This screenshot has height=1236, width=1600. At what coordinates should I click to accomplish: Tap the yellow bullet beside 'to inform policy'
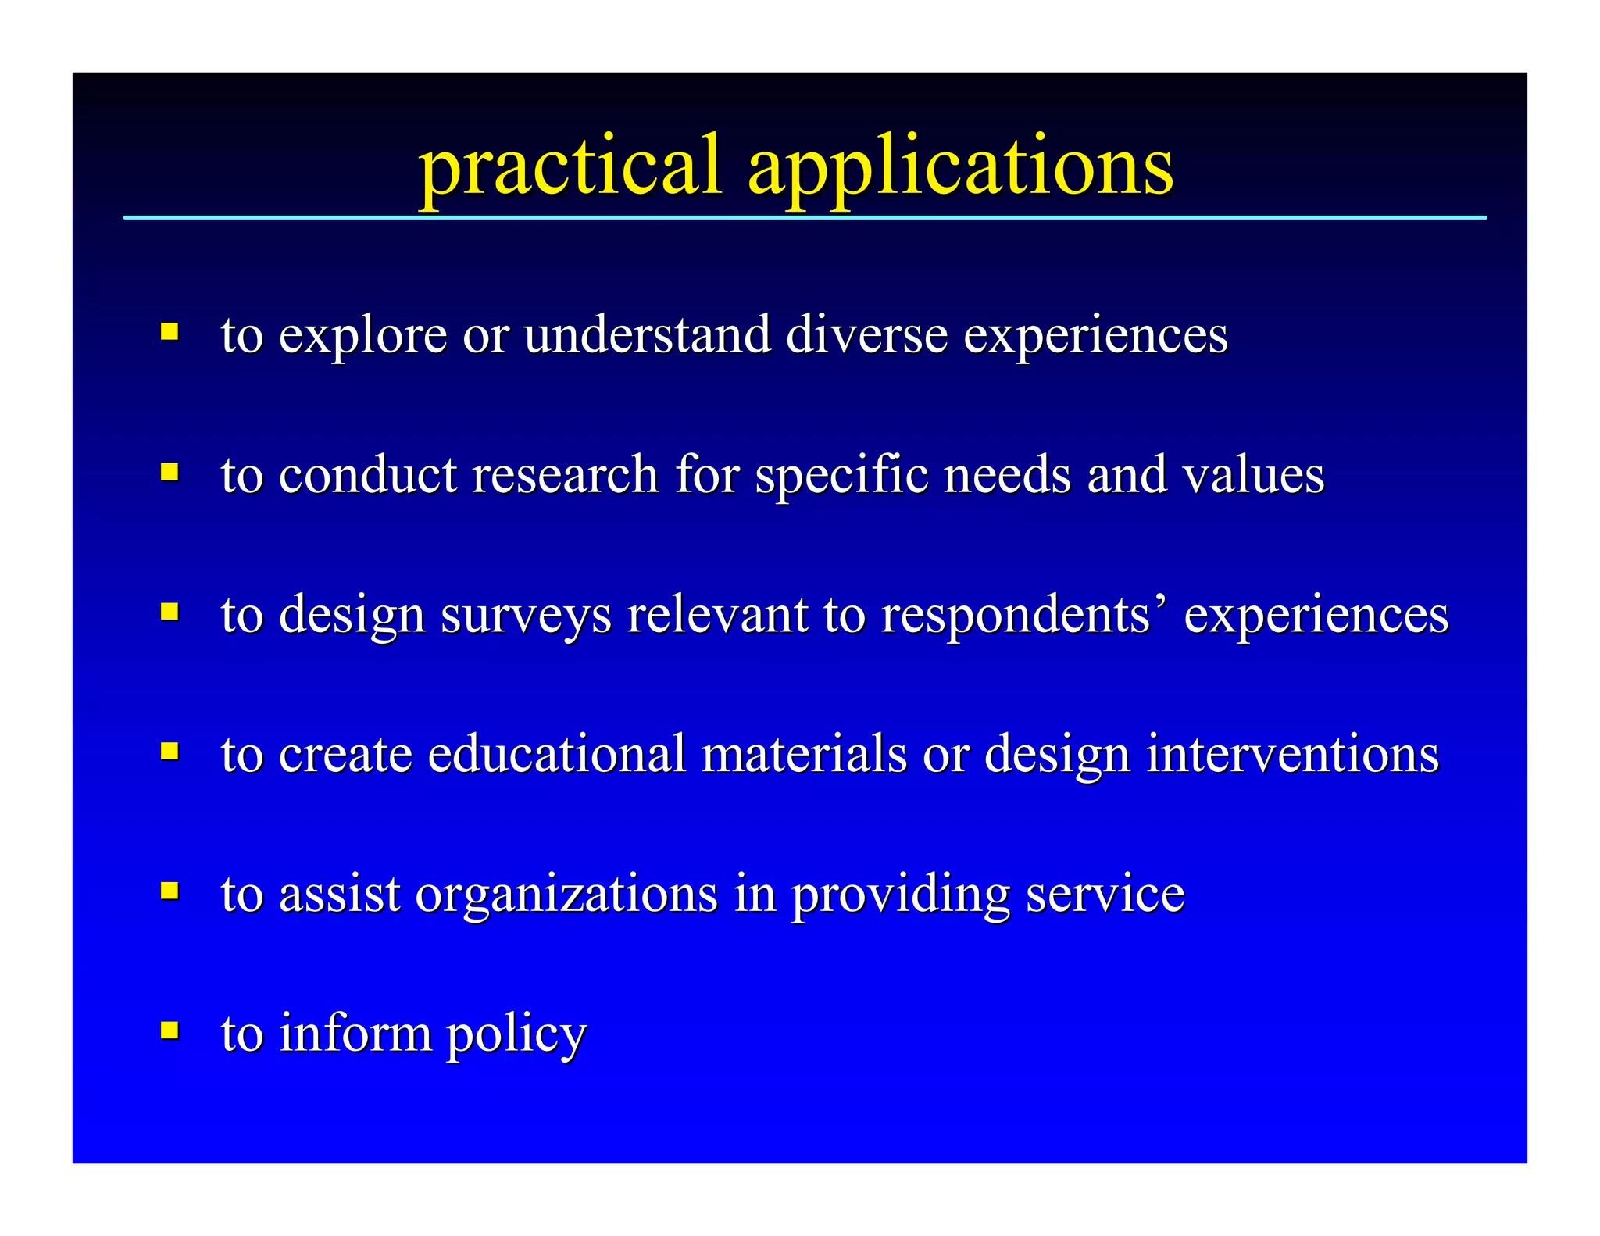tap(170, 1029)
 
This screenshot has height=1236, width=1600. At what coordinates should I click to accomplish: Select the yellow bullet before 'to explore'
tap(170, 331)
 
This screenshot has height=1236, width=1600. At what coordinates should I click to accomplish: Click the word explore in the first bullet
tap(362, 336)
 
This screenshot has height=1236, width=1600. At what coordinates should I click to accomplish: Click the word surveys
tap(526, 616)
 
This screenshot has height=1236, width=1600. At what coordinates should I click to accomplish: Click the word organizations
tap(566, 895)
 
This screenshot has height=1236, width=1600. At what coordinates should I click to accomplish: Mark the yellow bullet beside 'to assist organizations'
tap(170, 890)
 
